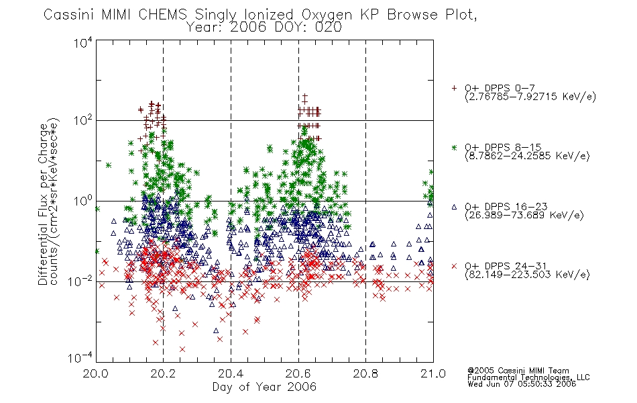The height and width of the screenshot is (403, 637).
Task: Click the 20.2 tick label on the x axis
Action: pyautogui.click(x=163, y=373)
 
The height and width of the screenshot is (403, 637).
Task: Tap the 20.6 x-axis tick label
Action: pyautogui.click(x=298, y=373)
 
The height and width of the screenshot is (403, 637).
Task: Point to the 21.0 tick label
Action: pyautogui.click(x=433, y=373)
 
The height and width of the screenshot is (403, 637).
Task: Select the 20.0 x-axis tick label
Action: pyautogui.click(x=95, y=373)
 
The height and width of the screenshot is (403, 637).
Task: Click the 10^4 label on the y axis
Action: pyautogui.click(x=83, y=42)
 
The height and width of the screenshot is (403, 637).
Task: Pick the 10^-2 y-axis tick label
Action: pyautogui.click(x=81, y=281)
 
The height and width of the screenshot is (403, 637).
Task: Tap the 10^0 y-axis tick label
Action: pyautogui.click(x=83, y=201)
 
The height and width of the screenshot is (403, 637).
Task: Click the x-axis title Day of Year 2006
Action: pyautogui.click(x=264, y=387)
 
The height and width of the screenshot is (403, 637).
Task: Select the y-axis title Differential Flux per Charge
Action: pyautogui.click(x=43, y=204)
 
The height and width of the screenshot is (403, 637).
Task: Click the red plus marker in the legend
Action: pyautogui.click(x=454, y=88)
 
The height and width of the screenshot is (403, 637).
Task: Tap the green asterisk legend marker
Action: pyautogui.click(x=454, y=147)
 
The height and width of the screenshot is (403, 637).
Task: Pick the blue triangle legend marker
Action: pyautogui.click(x=454, y=207)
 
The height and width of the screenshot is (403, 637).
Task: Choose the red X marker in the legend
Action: pyautogui.click(x=454, y=266)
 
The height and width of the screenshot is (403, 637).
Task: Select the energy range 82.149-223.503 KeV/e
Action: pyautogui.click(x=527, y=274)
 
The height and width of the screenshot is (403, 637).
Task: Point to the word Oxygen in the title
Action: pyautogui.click(x=327, y=15)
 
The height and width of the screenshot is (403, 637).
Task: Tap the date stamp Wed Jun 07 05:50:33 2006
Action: pyautogui.click(x=522, y=384)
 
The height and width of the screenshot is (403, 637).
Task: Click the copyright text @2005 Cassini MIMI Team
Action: pyautogui.click(x=518, y=371)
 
